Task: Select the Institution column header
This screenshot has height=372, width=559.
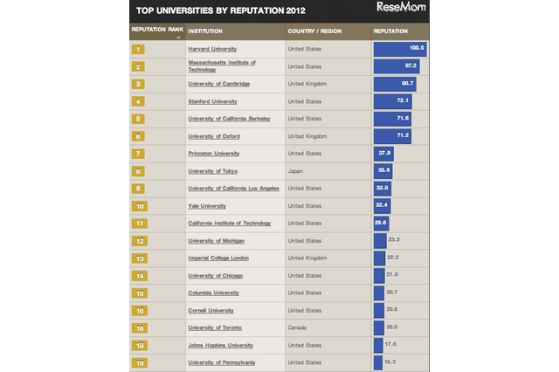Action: (x=204, y=31)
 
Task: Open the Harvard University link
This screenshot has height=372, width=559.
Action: (x=212, y=49)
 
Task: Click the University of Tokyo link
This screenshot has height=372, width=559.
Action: (x=212, y=171)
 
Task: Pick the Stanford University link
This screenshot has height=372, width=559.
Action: (x=213, y=101)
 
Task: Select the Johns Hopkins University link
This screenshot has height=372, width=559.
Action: (x=219, y=345)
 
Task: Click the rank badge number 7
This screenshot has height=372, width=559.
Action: (x=139, y=154)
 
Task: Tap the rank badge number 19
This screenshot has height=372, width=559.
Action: (x=139, y=362)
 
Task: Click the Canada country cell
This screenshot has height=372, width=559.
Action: (x=298, y=327)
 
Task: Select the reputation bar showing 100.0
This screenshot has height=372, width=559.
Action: (x=399, y=49)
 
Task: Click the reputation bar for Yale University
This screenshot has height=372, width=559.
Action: (x=383, y=206)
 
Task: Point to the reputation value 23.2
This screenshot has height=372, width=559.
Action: (x=393, y=240)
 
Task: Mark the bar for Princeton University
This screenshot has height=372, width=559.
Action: (x=383, y=154)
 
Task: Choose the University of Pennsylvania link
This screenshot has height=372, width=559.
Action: (x=221, y=362)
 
